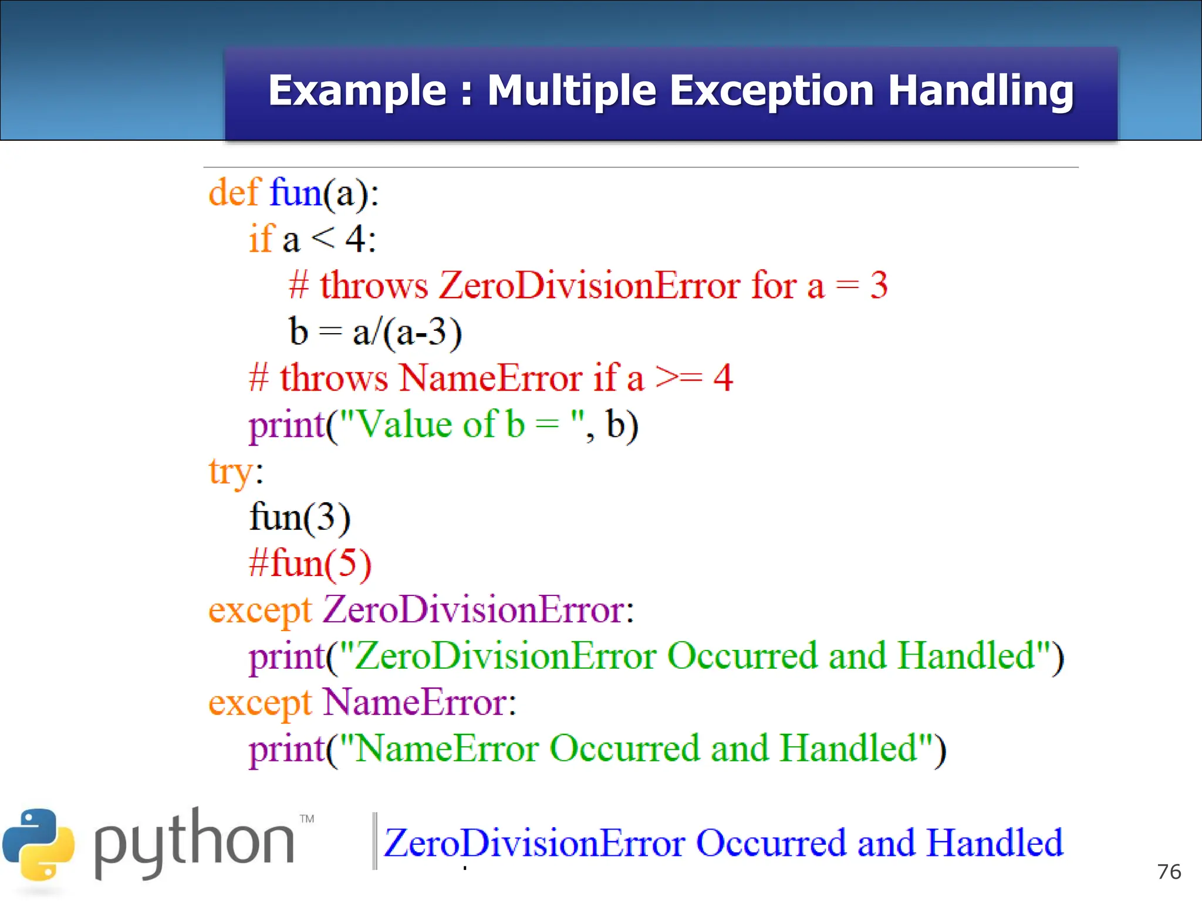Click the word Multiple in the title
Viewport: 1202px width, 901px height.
[571, 92]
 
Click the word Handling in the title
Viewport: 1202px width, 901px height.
[980, 92]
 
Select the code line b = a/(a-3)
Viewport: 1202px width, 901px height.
[376, 331]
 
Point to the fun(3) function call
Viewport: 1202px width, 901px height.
[300, 517]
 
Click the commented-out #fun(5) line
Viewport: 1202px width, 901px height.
[310, 564]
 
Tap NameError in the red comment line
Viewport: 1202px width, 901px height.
[491, 378]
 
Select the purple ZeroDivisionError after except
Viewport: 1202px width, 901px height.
[474, 609]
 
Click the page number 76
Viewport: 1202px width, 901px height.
[1169, 872]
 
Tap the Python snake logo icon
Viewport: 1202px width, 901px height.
[39, 845]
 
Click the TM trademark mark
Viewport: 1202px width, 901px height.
[307, 818]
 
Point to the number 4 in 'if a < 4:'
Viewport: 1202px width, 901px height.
[356, 239]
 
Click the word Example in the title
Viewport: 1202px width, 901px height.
[357, 92]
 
